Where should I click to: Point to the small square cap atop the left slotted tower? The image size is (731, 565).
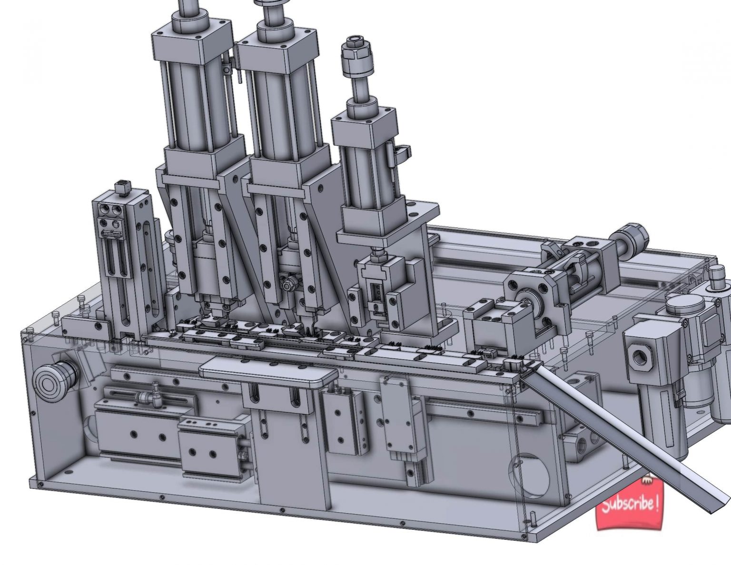(123, 186)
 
